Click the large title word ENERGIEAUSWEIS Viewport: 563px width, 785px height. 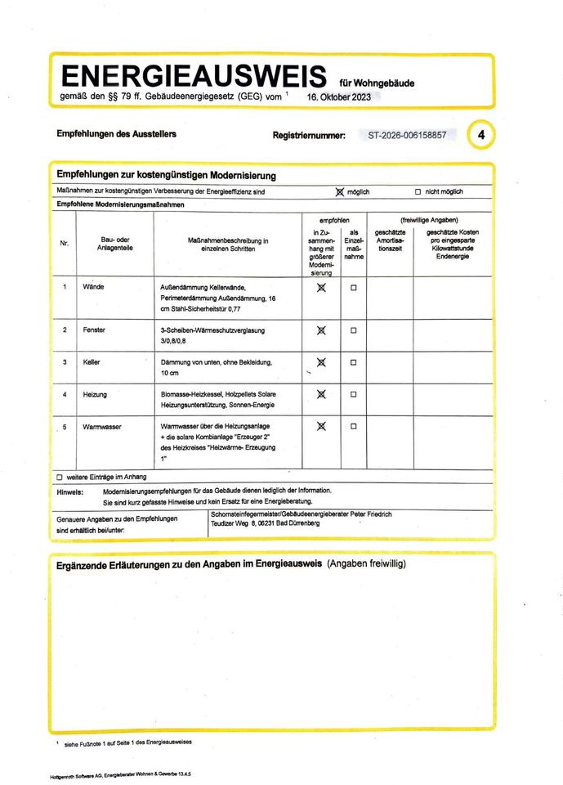194,77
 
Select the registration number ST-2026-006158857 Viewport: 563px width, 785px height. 408,135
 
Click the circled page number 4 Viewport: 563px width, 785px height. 481,135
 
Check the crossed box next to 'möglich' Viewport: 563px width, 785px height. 340,191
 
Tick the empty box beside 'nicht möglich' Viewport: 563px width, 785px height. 418,192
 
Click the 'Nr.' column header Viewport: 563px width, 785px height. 65,244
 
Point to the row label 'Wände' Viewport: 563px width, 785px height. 94,288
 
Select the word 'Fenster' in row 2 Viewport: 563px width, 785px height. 95,329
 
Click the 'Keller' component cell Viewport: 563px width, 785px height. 92,361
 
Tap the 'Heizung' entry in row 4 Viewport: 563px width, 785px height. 95,394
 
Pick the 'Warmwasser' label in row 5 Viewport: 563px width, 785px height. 101,427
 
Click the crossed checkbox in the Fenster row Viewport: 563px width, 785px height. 321,330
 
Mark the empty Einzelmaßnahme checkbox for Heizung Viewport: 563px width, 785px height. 354,394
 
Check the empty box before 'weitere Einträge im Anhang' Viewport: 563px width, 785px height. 60,477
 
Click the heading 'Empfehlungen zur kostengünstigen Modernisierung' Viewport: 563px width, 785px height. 166,175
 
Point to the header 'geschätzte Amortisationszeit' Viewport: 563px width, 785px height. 390,240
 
